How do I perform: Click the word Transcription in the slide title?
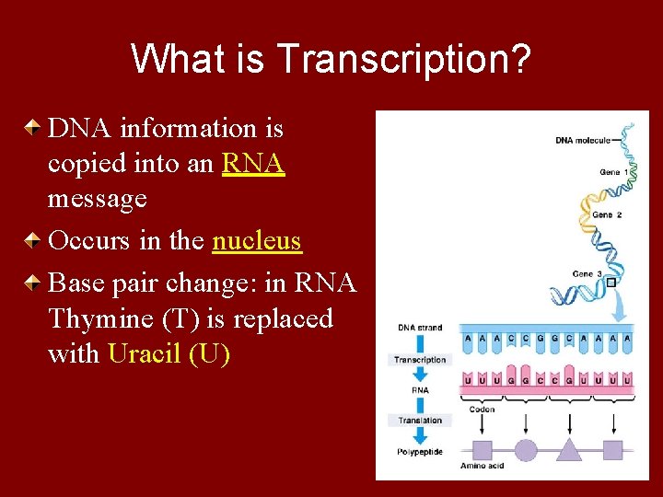(402, 59)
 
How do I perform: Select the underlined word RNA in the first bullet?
(252, 163)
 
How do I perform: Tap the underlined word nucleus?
(256, 240)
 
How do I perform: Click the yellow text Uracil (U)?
(169, 353)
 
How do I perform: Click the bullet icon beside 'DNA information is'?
(31, 129)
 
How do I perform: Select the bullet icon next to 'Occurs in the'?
(31, 241)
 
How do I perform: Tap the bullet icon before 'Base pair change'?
(31, 283)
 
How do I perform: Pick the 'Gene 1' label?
(614, 172)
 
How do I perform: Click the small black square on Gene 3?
(610, 283)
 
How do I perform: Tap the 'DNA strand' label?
(419, 328)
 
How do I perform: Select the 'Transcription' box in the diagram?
(420, 360)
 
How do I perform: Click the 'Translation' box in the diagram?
(419, 421)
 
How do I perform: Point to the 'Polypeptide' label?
(420, 451)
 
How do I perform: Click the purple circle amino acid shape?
(525, 450)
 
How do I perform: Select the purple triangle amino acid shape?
(569, 449)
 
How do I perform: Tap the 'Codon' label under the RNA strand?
(482, 409)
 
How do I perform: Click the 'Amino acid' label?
(482, 467)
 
